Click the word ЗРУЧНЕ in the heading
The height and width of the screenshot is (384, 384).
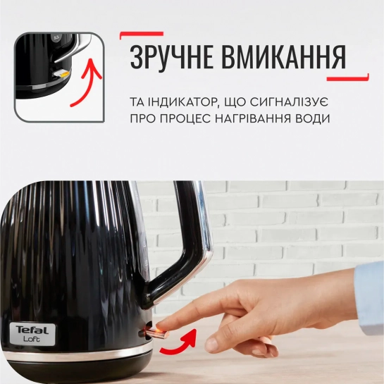click(x=171, y=56)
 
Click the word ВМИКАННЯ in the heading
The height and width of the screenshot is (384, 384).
click(x=283, y=56)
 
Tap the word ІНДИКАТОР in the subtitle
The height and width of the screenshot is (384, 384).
click(x=182, y=102)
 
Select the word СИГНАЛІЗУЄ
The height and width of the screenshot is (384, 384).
click(x=290, y=102)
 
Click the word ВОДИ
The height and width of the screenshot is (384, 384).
click(x=314, y=118)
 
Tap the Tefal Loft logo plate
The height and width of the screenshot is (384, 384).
click(x=32, y=334)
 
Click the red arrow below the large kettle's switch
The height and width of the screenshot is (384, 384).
click(x=178, y=342)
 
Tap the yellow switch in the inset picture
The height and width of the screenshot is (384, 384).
click(x=62, y=73)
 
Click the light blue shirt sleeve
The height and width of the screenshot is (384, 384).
click(x=369, y=297)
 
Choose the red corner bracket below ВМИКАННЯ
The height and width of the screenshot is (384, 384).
click(x=348, y=78)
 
